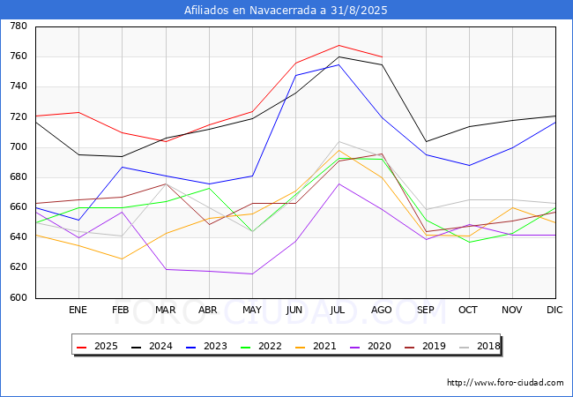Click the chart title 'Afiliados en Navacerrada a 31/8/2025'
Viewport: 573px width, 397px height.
coord(286,10)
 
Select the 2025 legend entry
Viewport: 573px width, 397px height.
coord(97,346)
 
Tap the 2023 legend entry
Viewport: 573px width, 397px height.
coord(206,346)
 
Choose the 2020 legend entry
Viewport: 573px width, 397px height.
coord(370,346)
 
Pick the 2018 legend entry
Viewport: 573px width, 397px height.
coord(480,346)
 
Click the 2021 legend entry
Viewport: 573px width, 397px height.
coord(316,346)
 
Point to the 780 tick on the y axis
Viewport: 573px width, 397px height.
coord(19,26)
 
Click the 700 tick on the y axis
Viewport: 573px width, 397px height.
coord(19,147)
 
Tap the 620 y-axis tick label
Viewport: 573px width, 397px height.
coord(19,267)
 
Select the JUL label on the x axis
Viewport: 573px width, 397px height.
coord(338,310)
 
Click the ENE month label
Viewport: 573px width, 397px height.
coord(78,310)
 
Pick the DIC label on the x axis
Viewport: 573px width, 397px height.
coord(554,310)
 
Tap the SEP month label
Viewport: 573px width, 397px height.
coord(426,310)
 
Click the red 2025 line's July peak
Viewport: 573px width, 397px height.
coord(339,45)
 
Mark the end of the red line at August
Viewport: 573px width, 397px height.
coord(383,57)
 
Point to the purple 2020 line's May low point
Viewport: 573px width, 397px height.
coord(252,273)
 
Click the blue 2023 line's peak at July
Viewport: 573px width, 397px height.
coord(339,64)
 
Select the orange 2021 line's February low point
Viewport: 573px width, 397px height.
coord(122,259)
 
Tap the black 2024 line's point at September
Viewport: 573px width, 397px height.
coord(426,141)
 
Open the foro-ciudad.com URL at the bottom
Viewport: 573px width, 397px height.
coord(505,383)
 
